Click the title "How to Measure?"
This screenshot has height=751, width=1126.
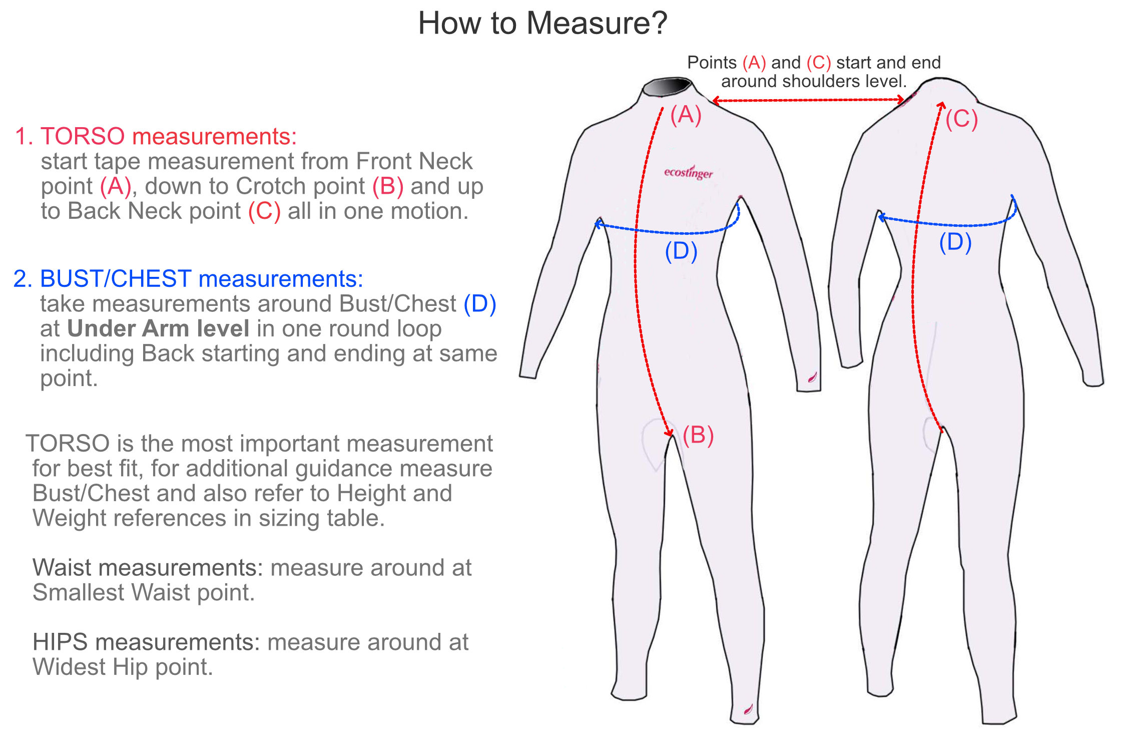click(542, 23)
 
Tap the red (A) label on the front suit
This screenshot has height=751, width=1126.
click(686, 115)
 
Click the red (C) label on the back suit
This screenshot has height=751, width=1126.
click(961, 119)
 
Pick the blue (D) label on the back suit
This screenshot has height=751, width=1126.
click(955, 242)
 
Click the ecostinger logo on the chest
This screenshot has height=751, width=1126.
click(688, 172)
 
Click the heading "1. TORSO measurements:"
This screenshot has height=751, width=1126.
click(156, 136)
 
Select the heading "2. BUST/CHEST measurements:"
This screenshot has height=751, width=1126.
click(188, 279)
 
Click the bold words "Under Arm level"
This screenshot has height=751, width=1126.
click(158, 328)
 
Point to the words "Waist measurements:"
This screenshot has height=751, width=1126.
click(148, 567)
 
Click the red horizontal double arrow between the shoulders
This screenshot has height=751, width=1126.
click(808, 100)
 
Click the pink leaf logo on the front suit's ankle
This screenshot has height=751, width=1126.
click(748, 708)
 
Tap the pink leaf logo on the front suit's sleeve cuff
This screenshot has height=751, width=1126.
click(813, 377)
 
